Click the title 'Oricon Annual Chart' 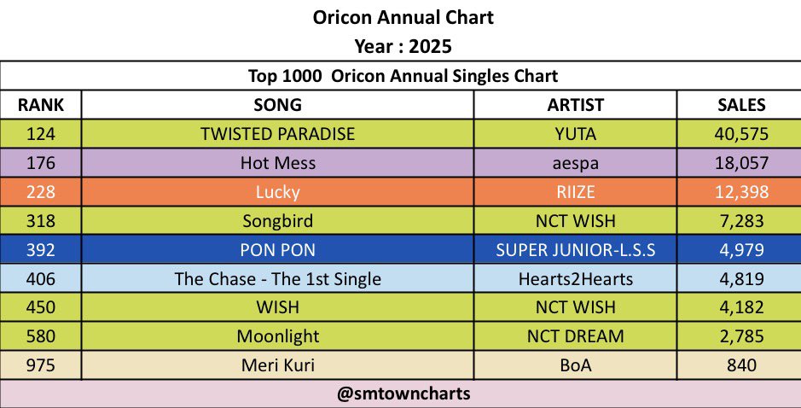(400, 17)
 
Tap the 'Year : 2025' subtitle (400, 46)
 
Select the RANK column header (41, 105)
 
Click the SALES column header (740, 105)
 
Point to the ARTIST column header (575, 105)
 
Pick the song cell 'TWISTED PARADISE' (277, 134)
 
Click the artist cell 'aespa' (575, 163)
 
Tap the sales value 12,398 (740, 192)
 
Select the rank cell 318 (41, 221)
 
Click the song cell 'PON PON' (277, 250)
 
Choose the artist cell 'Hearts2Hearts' (575, 279)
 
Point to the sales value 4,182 (740, 307)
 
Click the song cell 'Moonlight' (277, 336)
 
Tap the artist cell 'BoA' (575, 365)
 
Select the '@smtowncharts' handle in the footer (400, 394)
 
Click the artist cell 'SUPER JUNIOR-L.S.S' (575, 250)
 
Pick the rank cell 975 (41, 365)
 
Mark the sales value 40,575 (740, 134)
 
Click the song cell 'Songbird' (277, 221)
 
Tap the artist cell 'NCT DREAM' (575, 336)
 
